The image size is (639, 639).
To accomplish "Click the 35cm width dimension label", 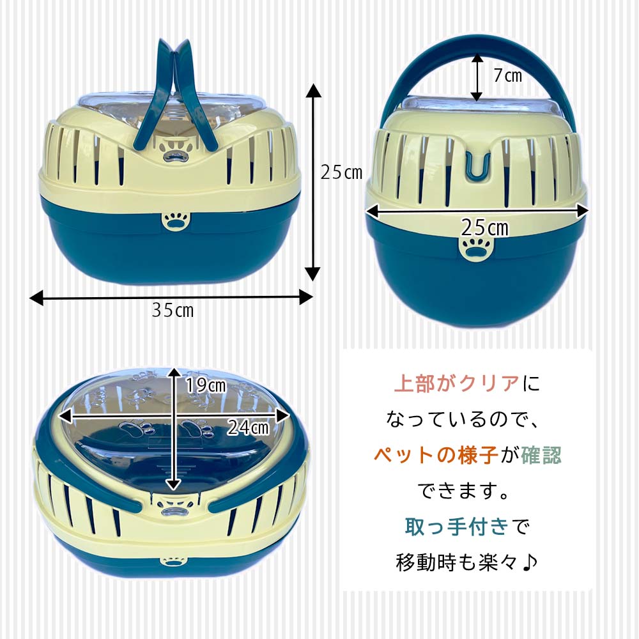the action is (173, 311).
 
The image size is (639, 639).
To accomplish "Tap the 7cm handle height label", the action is (507, 75).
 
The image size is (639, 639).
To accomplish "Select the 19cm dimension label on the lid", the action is (205, 385).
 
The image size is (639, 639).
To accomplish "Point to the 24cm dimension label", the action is (248, 427).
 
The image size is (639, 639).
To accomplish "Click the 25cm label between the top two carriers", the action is (341, 173).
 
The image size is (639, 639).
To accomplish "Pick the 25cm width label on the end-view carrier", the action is (484, 228).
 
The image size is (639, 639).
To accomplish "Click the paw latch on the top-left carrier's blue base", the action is (176, 220).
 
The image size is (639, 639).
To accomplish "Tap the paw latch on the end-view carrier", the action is (477, 247).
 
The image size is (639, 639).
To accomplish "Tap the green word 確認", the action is (541, 455).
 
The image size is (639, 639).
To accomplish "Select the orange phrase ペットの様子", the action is (436, 455).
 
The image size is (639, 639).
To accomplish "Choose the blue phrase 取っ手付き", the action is (457, 527).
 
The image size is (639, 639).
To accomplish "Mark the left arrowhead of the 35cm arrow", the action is (36, 298).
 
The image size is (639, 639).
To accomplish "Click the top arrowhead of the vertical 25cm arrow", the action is (313, 91).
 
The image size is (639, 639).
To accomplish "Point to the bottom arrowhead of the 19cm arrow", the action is (174, 484).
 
